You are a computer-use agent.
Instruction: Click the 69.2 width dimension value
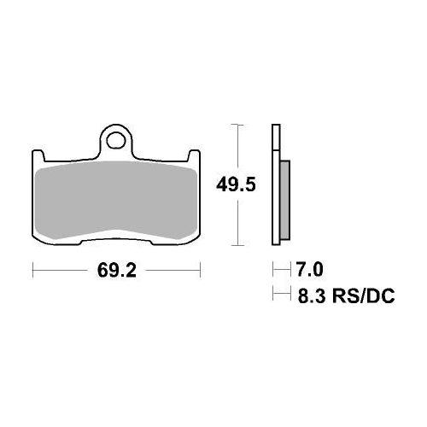coord(117,270)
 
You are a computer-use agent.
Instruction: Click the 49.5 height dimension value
coord(236,185)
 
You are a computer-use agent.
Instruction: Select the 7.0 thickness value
coord(310,269)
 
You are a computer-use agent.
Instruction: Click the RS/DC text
coord(363,295)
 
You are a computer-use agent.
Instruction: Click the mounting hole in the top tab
coord(116,139)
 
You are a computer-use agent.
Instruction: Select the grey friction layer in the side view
coord(285,200)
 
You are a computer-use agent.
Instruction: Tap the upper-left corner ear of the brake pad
coord(38,155)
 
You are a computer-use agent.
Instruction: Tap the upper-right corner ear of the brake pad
coord(195,155)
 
